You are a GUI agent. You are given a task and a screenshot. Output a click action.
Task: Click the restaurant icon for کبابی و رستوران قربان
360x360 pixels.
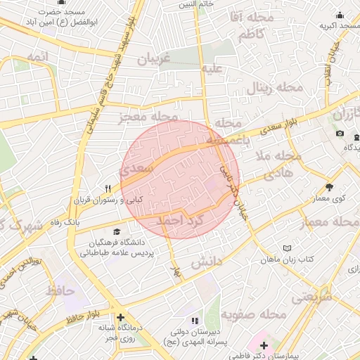(108, 188)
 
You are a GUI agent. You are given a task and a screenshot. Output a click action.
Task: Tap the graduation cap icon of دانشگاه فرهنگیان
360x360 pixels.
(116, 232)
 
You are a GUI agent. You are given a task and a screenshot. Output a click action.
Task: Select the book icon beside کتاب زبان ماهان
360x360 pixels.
(287, 248)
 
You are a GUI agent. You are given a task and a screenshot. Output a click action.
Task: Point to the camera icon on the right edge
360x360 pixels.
(340, 134)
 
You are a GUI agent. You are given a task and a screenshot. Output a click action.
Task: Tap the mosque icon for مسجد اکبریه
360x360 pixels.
(340, 15)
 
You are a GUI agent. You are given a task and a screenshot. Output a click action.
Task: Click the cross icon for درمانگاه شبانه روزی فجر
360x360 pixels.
(121, 317)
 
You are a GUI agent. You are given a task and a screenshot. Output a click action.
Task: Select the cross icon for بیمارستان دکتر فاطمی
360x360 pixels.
(264, 345)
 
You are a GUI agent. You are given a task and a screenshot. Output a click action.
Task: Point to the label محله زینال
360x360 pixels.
(274, 88)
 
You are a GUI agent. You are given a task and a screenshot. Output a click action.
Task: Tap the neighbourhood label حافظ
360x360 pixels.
(60, 289)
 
